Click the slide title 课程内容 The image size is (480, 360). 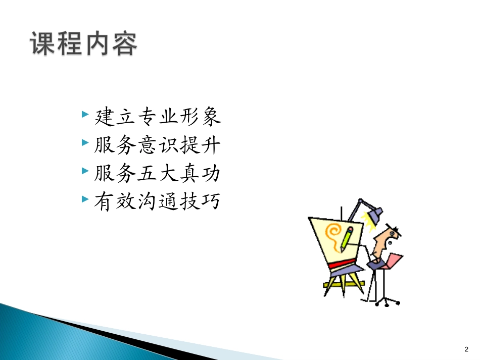point(84,43)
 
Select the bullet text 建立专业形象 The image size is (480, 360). point(158,118)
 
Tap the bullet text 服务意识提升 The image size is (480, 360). point(158,146)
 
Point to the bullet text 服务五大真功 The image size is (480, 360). point(158,174)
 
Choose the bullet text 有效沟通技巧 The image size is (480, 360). point(158,202)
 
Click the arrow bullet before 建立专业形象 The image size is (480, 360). point(84,115)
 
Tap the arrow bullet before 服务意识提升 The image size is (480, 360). point(84,143)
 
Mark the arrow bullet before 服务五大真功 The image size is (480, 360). point(84,171)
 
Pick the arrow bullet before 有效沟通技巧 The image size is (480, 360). point(84,199)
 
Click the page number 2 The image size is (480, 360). point(466,349)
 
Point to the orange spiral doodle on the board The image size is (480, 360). point(334,234)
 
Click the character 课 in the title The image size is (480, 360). point(42,43)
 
